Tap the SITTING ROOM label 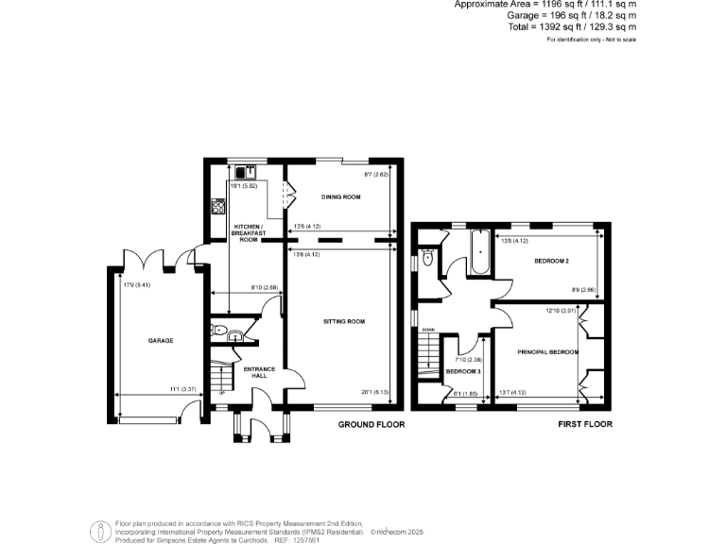pyautogui.click(x=343, y=321)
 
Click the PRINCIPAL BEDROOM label pyautogui.click(x=547, y=351)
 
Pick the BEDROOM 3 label pyautogui.click(x=463, y=374)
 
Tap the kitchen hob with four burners pyautogui.click(x=218, y=206)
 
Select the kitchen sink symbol pyautogui.click(x=242, y=172)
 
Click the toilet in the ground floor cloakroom pyautogui.click(x=220, y=331)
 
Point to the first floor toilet pyautogui.click(x=427, y=257)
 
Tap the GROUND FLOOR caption pyautogui.click(x=372, y=425)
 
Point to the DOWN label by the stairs pyautogui.click(x=428, y=329)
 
